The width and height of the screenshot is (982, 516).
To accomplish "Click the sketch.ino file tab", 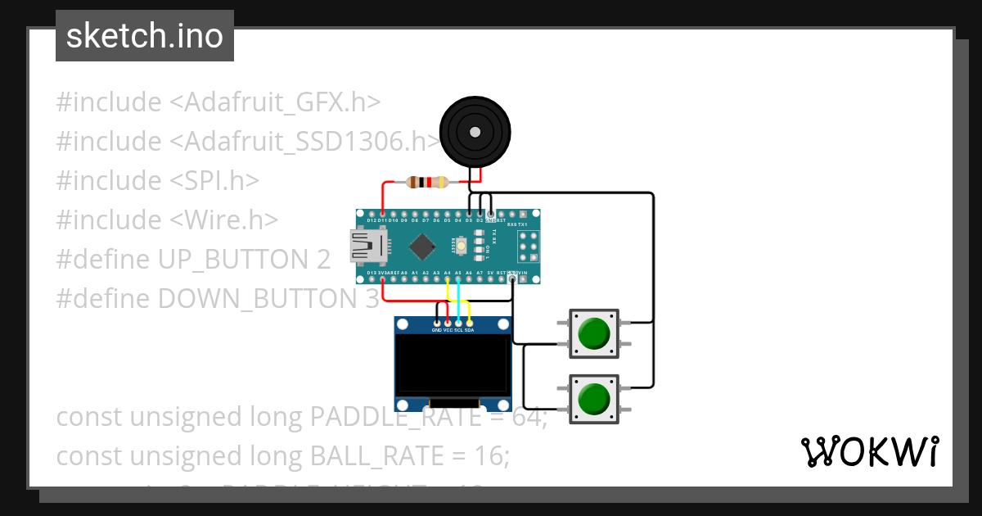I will [145, 36].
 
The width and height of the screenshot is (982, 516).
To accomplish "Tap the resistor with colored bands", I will [427, 182].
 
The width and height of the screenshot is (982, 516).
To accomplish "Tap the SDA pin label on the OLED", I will [470, 330].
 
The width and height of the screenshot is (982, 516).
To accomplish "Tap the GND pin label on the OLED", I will [438, 330].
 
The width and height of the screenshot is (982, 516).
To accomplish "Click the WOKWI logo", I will [869, 452].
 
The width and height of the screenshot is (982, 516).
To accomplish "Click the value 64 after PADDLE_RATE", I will [524, 417].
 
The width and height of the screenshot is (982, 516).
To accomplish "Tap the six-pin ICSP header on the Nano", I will [528, 242].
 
